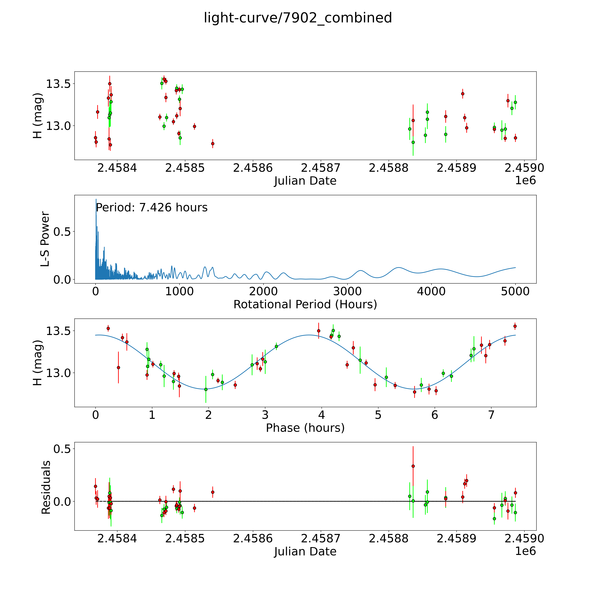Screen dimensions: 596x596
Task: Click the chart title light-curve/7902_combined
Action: [298, 18]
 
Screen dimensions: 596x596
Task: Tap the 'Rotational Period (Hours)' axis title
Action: [305, 305]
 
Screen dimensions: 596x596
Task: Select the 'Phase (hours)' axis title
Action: [305, 428]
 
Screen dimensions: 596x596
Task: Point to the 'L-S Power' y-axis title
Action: [45, 239]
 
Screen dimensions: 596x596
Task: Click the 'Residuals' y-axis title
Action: [46, 487]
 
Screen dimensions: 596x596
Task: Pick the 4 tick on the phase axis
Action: [321, 415]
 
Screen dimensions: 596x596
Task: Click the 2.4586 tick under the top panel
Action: [253, 168]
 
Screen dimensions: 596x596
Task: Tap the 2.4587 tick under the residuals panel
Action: [321, 539]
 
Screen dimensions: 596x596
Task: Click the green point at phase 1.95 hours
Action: [206, 389]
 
